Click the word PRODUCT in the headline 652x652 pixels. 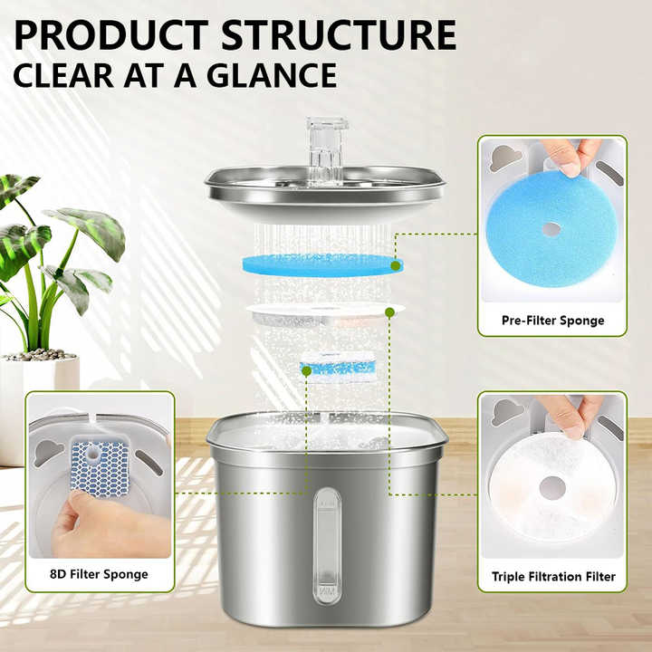tap(111, 35)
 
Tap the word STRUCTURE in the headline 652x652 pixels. tap(339, 35)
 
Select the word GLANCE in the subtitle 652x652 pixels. tap(272, 75)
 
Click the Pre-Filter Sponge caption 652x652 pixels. tap(552, 321)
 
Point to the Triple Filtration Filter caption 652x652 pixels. tap(553, 576)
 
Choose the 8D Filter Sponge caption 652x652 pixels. tap(99, 574)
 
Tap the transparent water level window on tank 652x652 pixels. tap(327, 545)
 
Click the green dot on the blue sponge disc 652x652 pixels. tap(396, 265)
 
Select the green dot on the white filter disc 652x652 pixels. tap(389, 312)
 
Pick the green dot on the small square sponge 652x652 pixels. tap(306, 371)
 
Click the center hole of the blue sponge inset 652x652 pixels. tap(551, 229)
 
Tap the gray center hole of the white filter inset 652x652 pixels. tap(552, 487)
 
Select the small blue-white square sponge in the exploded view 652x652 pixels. tap(339, 367)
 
